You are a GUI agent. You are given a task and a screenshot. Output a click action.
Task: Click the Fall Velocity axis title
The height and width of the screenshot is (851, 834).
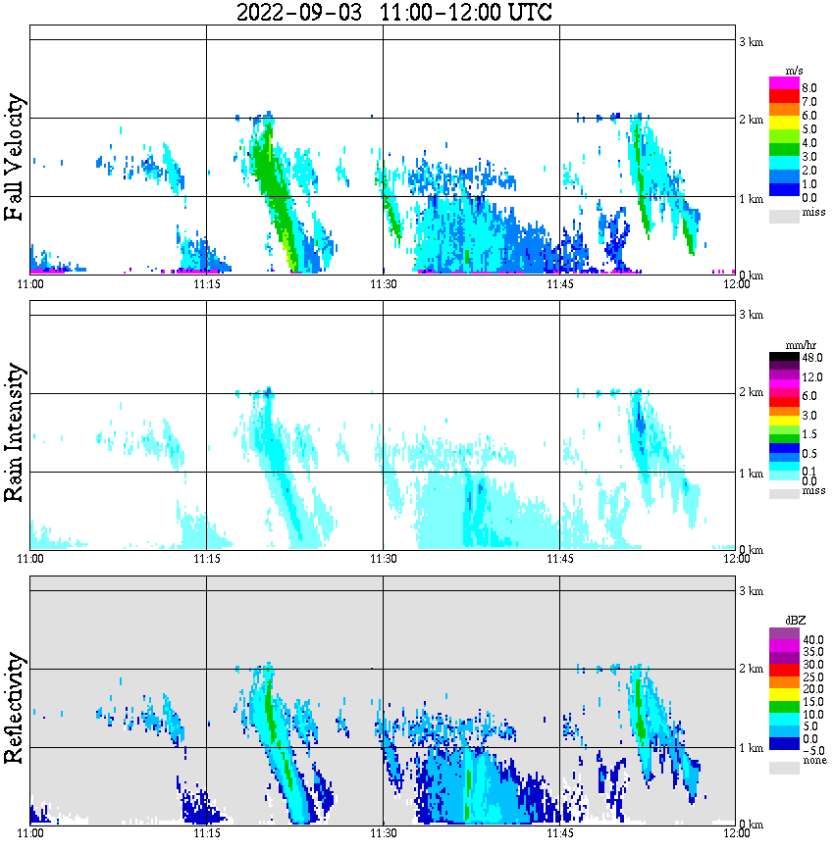(x=16, y=157)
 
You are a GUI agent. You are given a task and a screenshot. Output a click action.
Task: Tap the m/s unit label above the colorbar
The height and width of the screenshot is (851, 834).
(x=794, y=71)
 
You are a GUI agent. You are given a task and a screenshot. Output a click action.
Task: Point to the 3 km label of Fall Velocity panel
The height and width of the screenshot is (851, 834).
(x=751, y=41)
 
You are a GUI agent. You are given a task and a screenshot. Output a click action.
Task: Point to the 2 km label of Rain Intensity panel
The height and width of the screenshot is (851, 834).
(x=751, y=393)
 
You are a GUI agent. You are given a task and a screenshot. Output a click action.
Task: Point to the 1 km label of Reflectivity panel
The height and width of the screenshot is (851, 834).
(x=751, y=748)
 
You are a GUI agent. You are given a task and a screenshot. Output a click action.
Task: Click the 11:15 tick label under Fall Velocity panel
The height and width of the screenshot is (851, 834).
(x=206, y=284)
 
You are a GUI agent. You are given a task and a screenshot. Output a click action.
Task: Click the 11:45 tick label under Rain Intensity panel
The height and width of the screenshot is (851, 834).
(x=559, y=559)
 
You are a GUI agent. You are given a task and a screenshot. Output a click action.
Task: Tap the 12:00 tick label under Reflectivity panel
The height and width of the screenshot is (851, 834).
(x=736, y=833)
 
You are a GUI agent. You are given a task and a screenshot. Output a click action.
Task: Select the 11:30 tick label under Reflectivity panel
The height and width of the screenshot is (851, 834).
(x=383, y=833)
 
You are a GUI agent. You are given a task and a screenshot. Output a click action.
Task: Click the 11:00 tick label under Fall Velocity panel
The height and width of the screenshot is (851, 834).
(x=30, y=284)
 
